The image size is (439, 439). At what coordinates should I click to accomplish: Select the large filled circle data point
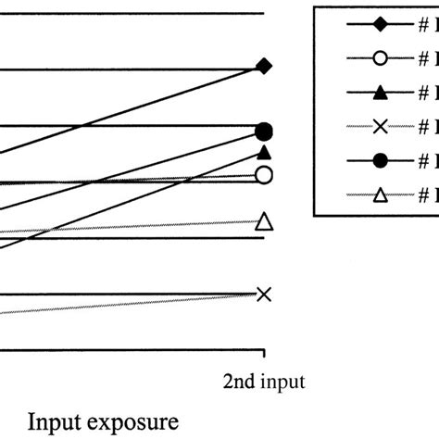click(264, 132)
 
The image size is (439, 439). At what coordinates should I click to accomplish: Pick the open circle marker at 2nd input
click(264, 175)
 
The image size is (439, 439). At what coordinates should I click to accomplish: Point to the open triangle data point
click(264, 221)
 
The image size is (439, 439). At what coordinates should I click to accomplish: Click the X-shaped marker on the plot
click(264, 295)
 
